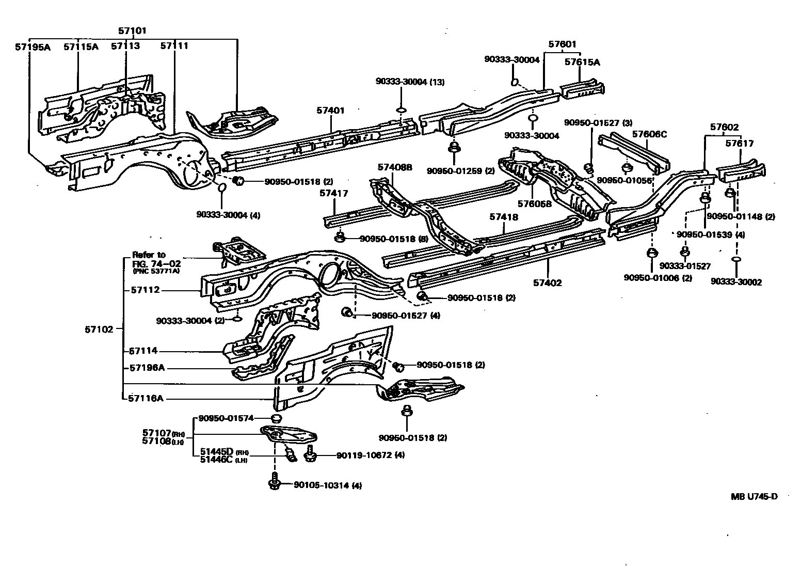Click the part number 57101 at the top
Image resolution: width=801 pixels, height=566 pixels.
coord(132,31)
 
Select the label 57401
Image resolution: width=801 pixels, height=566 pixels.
coord(330,111)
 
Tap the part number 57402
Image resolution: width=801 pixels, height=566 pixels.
coord(548,283)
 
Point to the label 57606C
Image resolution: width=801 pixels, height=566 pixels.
coord(649,134)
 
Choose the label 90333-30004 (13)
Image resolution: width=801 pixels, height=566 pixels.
coord(410,82)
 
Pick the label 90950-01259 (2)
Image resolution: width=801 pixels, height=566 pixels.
coord(461,171)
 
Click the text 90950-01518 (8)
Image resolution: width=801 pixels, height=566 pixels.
coord(392,239)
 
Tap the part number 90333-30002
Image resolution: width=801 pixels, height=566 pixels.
coord(736,282)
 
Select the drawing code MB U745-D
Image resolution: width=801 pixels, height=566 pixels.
coord(754,497)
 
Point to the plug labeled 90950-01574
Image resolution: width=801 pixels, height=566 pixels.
coord(277,418)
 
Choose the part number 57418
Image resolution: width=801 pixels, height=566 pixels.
coord(504,218)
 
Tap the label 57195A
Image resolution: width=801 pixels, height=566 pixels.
coord(32,46)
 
